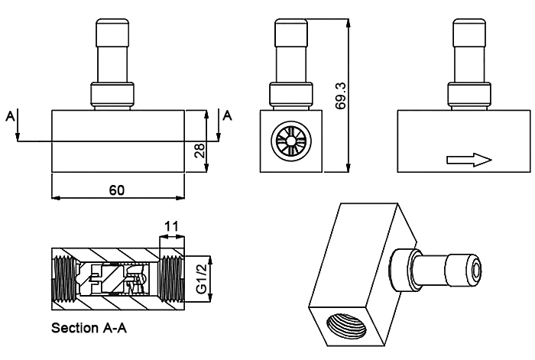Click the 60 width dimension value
point(117,190)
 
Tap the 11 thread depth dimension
point(172,227)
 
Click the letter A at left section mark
point(10,115)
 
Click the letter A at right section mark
point(227,115)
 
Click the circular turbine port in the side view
point(289,143)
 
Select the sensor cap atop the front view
point(112,31)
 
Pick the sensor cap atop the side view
point(292,31)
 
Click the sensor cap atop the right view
point(470,31)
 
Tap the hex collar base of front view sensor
point(112,96)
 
